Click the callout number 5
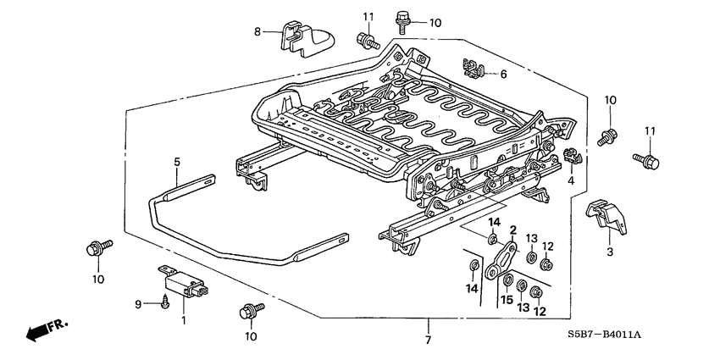[177, 161]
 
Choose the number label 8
[258, 32]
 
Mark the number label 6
[503, 75]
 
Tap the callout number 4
[571, 181]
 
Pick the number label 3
[608, 252]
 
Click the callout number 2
[512, 230]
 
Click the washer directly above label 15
[507, 280]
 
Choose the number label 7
[428, 340]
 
